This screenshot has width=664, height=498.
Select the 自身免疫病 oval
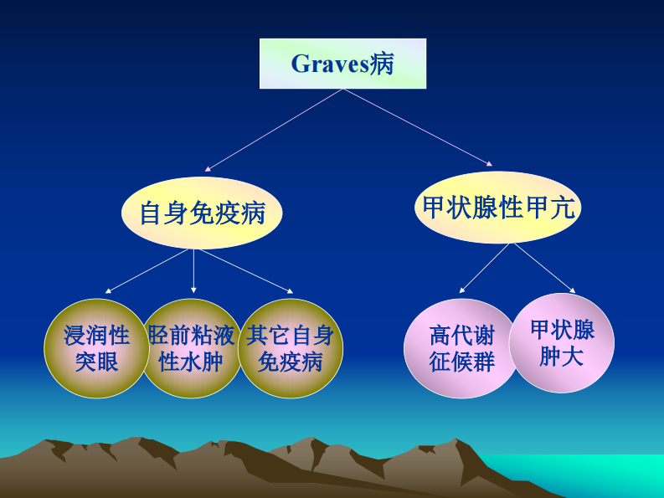(202, 213)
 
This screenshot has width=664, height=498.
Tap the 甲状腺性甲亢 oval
(498, 208)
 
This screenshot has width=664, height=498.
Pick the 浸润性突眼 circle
(96, 348)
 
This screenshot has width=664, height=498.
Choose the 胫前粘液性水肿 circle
(192, 348)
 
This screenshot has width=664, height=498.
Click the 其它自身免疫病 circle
(291, 348)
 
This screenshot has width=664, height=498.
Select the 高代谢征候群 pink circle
(461, 348)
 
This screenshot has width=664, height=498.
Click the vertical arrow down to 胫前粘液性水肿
(193, 271)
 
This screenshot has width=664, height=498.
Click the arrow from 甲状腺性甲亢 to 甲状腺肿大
(544, 268)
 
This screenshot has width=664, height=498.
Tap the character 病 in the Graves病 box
(383, 64)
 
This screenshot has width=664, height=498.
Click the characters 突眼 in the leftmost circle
(96, 362)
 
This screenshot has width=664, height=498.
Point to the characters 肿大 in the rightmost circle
(562, 357)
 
